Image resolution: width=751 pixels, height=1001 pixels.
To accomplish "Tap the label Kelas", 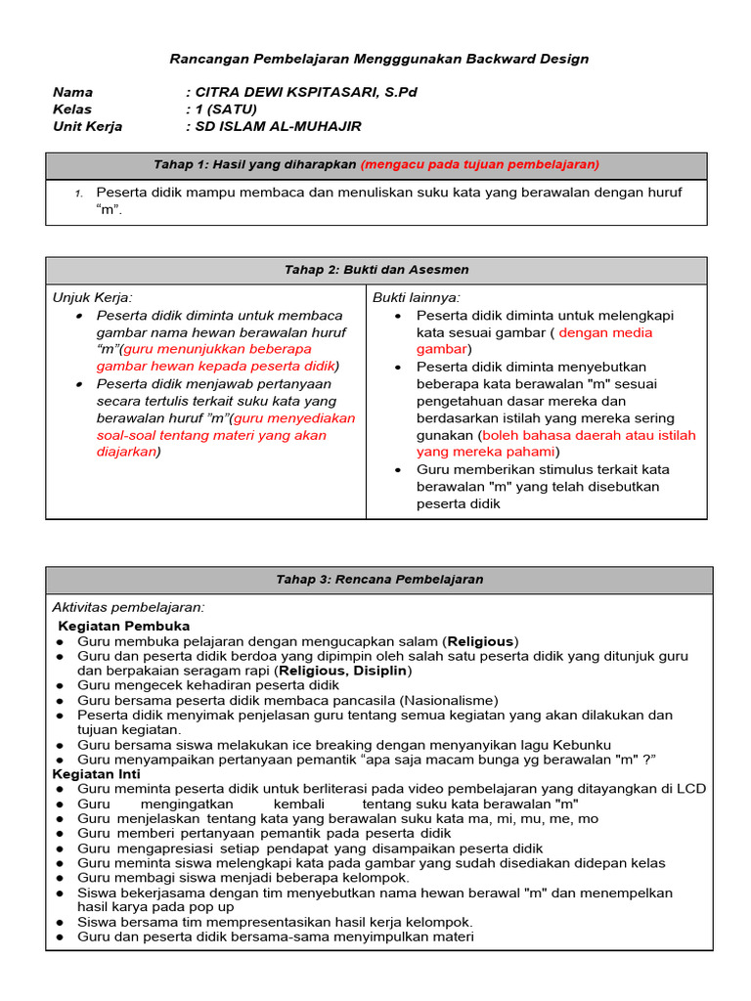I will point(70,109).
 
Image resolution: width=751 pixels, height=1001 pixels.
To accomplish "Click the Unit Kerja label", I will point(88,127).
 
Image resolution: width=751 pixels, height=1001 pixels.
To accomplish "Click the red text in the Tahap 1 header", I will point(479,164).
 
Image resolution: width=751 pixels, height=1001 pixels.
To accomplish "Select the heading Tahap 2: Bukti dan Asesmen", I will point(375,270).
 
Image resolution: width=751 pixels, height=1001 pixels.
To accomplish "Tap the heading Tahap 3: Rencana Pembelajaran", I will point(379,580).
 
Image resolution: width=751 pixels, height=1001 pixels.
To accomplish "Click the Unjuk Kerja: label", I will point(92,297).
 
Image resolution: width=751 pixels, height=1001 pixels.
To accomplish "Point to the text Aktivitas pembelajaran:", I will point(128,607).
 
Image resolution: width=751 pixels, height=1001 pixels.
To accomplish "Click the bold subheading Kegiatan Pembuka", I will point(124,626).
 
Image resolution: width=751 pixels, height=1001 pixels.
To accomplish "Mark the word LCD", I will point(692,789).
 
